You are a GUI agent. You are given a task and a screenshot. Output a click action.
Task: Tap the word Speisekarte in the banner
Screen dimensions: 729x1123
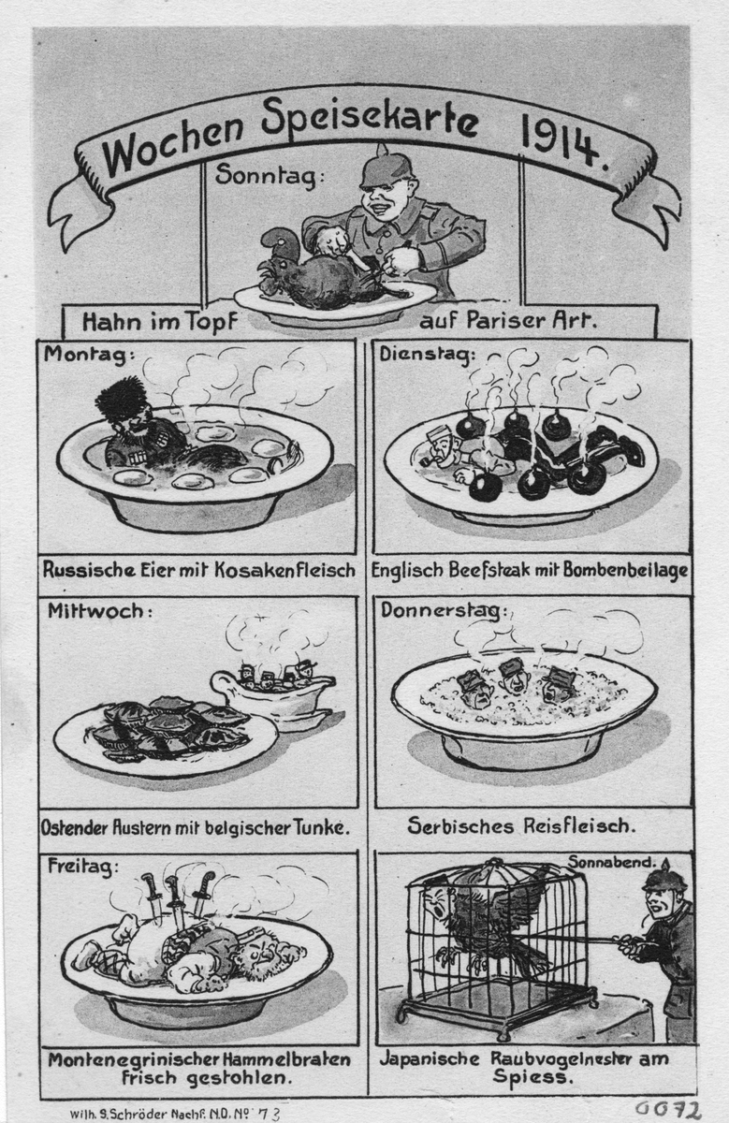click(370, 121)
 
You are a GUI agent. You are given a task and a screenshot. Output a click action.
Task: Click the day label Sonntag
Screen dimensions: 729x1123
click(270, 176)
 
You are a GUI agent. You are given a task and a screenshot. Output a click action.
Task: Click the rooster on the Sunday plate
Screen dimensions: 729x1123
click(322, 271)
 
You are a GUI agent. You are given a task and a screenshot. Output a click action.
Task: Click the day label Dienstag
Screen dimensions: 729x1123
click(427, 354)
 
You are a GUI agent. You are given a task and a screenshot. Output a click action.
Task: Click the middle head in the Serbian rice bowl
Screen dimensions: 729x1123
click(512, 676)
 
